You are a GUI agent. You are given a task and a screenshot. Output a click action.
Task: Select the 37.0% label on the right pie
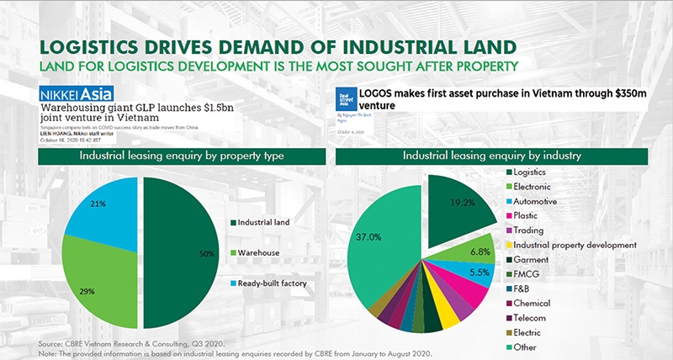click(371, 238)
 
